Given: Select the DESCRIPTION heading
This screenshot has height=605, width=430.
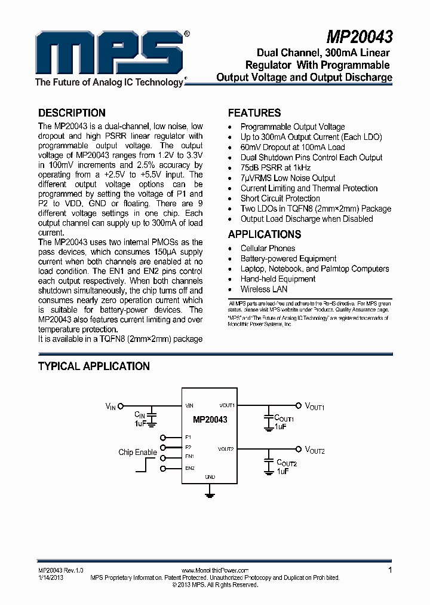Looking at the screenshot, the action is coord(72,113).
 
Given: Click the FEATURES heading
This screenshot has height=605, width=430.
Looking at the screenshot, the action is coord(254,113).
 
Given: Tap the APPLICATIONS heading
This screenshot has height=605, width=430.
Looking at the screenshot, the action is coord(265,234).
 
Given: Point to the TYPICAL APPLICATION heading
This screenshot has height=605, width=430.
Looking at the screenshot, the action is coord(94,366).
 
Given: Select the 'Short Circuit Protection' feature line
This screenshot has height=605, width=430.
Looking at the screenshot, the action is coord(280,198).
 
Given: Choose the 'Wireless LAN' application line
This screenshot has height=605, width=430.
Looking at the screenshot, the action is coord(264,289).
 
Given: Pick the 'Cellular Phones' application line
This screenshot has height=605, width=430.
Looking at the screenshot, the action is coord(268,249).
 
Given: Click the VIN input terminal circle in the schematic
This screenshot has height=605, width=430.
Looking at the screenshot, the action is coord(121,405).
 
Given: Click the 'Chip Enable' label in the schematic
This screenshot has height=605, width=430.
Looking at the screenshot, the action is coord(137,452).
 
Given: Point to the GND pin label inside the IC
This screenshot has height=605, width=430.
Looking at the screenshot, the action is coord(210,477).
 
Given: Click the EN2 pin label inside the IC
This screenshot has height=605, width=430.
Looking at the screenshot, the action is coord(190,467).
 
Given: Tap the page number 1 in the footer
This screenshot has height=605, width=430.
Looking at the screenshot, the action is coord(390,570).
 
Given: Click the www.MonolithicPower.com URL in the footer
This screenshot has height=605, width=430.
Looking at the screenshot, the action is coord(214,571).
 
